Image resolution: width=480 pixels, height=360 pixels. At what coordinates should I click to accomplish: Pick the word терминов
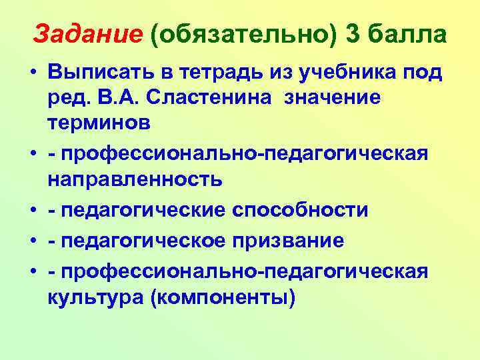[x=99, y=124]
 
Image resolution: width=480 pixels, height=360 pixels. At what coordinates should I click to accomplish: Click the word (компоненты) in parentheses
[x=223, y=296]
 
